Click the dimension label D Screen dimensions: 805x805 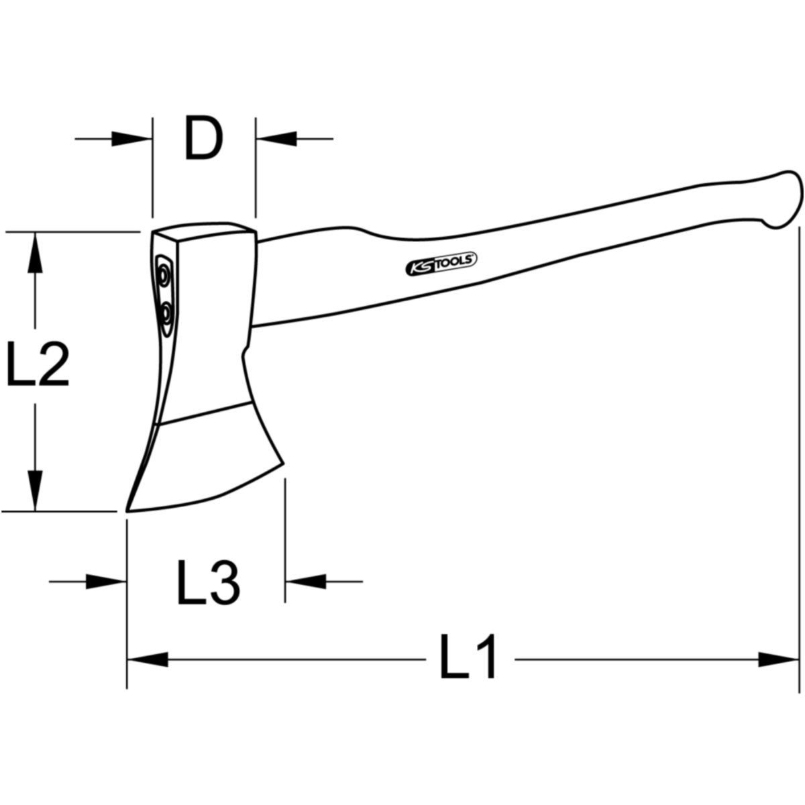pyautogui.click(x=203, y=138)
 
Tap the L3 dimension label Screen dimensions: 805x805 pyautogui.click(x=209, y=582)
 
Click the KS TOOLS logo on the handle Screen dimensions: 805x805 pyautogui.click(x=441, y=264)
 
